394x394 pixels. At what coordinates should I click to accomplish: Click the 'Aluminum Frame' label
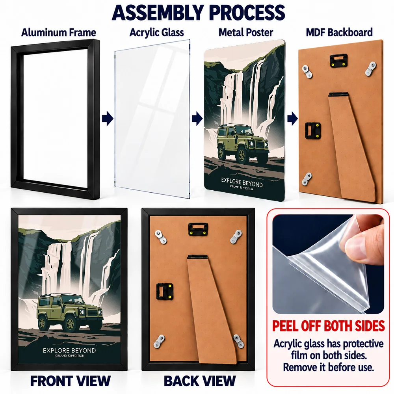pyautogui.click(x=59, y=32)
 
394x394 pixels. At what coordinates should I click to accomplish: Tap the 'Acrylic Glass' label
pyautogui.click(x=156, y=32)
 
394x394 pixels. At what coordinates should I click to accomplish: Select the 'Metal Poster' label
pyautogui.click(x=246, y=32)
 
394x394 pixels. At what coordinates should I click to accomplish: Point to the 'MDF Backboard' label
pyautogui.click(x=339, y=32)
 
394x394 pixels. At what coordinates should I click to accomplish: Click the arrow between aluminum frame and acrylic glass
pyautogui.click(x=108, y=119)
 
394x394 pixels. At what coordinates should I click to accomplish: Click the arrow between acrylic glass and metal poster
pyautogui.click(x=197, y=119)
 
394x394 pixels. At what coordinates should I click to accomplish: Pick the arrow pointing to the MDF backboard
pyautogui.click(x=292, y=119)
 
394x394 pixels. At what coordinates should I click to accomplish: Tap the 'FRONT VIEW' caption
pyautogui.click(x=71, y=381)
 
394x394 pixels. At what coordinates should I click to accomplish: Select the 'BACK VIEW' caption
pyautogui.click(x=200, y=381)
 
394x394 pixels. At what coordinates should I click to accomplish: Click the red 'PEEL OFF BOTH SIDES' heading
pyautogui.click(x=329, y=326)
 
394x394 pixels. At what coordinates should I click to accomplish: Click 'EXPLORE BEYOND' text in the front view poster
pyautogui.click(x=69, y=350)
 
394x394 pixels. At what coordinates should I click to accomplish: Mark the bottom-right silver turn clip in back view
pyautogui.click(x=238, y=341)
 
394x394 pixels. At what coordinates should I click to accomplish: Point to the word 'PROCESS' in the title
pyautogui.click(x=247, y=12)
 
